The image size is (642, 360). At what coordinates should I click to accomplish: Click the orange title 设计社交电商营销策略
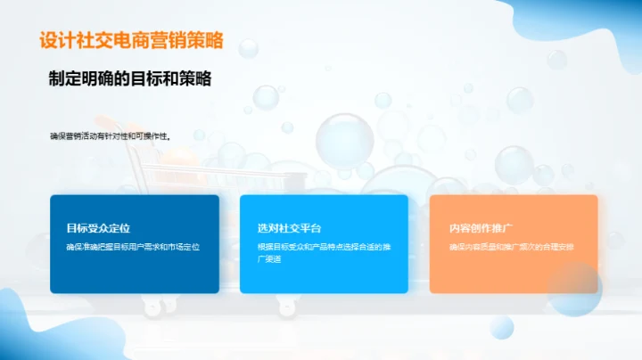pyautogui.click(x=131, y=41)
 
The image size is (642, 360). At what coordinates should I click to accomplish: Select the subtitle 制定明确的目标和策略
pyautogui.click(x=130, y=78)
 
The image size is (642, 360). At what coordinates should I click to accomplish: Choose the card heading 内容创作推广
pyautogui.click(x=479, y=228)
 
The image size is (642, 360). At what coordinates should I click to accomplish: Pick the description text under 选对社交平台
pyautogui.click(x=323, y=251)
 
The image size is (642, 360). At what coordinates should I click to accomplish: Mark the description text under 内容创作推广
pyautogui.click(x=511, y=246)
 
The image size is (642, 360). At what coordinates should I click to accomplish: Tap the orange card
pyautogui.click(x=513, y=272)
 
